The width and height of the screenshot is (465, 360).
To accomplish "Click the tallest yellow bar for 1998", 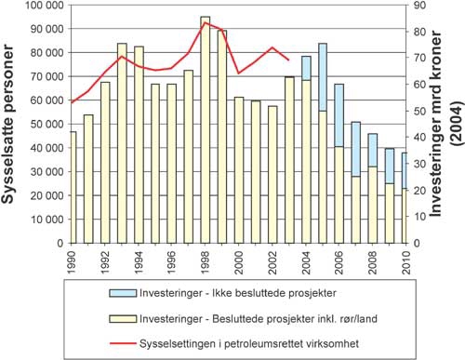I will click(205, 130).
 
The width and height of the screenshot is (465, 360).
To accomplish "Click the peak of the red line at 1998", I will click(205, 22).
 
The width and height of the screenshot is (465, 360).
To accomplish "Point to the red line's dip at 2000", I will click(239, 73).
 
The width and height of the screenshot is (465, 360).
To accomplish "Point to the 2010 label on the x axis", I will click(404, 260).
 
